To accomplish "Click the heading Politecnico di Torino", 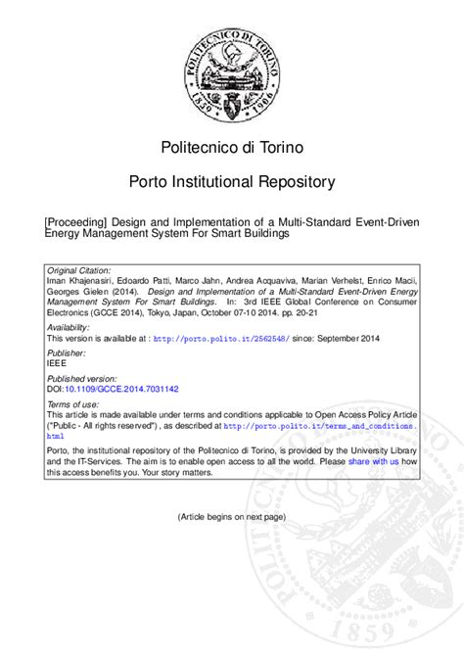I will click(232, 147).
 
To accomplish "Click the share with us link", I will click(373, 460).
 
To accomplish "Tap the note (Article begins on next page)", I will click(232, 516).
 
